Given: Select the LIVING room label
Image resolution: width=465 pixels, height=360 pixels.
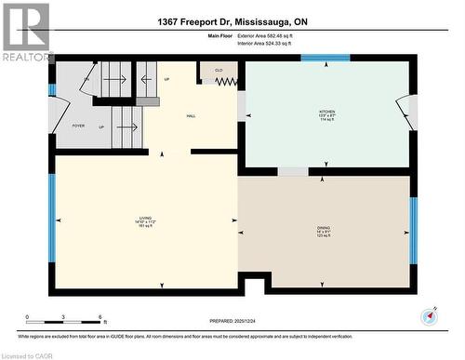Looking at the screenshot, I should (144, 220).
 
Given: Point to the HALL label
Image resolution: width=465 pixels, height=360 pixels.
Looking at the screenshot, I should (190, 116).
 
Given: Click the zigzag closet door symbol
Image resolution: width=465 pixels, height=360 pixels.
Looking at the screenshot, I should (227, 82).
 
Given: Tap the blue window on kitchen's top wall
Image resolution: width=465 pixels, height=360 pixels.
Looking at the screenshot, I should (325, 58).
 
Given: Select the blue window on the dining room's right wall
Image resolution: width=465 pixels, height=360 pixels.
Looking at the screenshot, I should (414, 228).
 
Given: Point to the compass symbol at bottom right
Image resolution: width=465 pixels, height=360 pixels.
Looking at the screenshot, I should (430, 314).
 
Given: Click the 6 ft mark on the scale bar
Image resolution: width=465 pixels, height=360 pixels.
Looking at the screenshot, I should (100, 317).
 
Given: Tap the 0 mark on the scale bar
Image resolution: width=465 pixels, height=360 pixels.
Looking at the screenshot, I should (27, 317).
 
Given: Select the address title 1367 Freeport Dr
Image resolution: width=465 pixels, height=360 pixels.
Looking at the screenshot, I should (232, 21).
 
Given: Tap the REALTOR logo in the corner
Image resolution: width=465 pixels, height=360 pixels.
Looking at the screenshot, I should (26, 33).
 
